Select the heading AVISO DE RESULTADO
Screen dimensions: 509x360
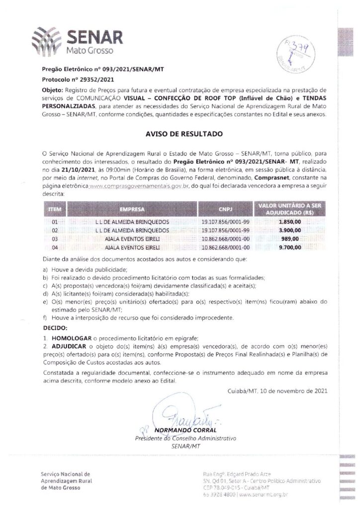(180, 134)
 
